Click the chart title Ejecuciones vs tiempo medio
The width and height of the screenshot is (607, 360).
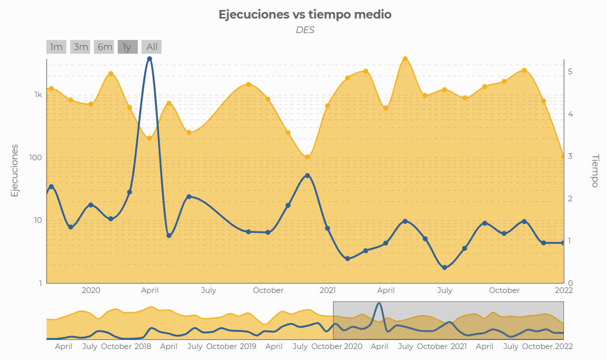pyautogui.click(x=305, y=15)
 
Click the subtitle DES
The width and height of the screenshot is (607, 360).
pyautogui.click(x=305, y=30)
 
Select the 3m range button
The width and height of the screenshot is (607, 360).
pyautogui.click(x=81, y=47)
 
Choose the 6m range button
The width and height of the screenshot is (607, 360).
pyautogui.click(x=105, y=47)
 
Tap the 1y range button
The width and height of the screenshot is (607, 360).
pyautogui.click(x=127, y=47)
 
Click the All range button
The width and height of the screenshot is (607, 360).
pyautogui.click(x=152, y=47)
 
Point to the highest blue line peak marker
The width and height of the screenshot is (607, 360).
pyautogui.click(x=149, y=59)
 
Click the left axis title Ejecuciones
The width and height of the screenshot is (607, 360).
pyautogui.click(x=15, y=170)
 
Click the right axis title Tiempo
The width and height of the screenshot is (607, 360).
pyautogui.click(x=595, y=170)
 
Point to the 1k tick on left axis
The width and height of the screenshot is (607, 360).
pyautogui.click(x=38, y=95)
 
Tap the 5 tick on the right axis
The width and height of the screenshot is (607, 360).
pyautogui.click(x=570, y=72)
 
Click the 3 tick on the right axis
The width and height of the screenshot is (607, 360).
pyautogui.click(x=570, y=156)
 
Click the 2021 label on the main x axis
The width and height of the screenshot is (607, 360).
pyautogui.click(x=328, y=290)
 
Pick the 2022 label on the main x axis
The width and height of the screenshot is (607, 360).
pyautogui.click(x=563, y=290)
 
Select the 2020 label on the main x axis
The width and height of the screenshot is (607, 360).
pyautogui.click(x=91, y=290)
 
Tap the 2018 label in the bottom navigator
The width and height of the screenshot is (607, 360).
pyautogui.click(x=143, y=346)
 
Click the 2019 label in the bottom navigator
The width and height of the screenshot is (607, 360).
pyautogui.click(x=248, y=346)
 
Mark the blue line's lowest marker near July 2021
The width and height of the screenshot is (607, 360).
pyautogui.click(x=444, y=267)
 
